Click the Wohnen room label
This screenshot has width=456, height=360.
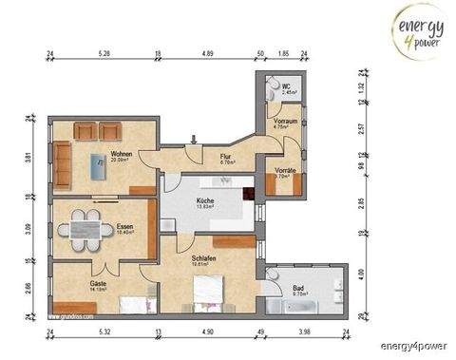click(121, 157)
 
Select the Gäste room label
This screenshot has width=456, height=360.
click(99, 283)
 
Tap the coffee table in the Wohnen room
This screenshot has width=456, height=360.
click(98, 167)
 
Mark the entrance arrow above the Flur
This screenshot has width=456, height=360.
click(193, 140)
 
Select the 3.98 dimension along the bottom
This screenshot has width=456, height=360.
click(306, 332)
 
